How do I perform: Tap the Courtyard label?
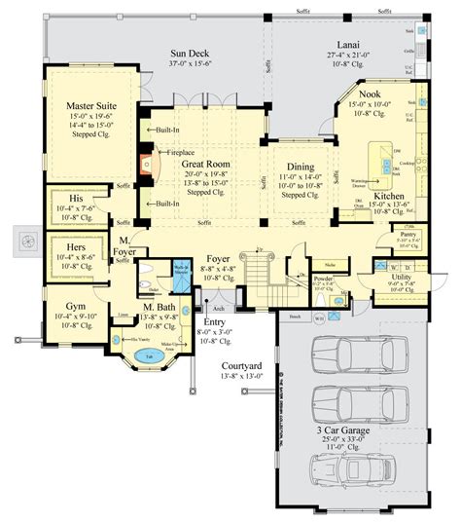click(231, 365)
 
